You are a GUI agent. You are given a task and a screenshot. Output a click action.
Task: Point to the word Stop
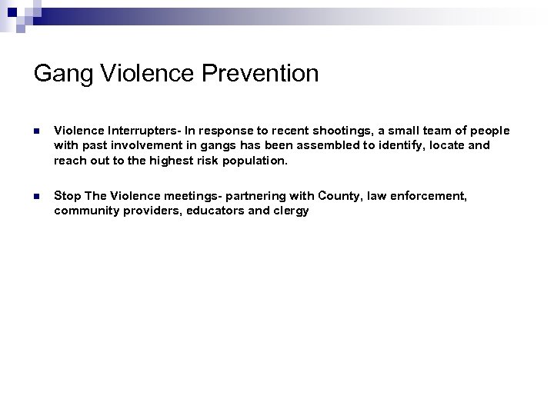point(67,196)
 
